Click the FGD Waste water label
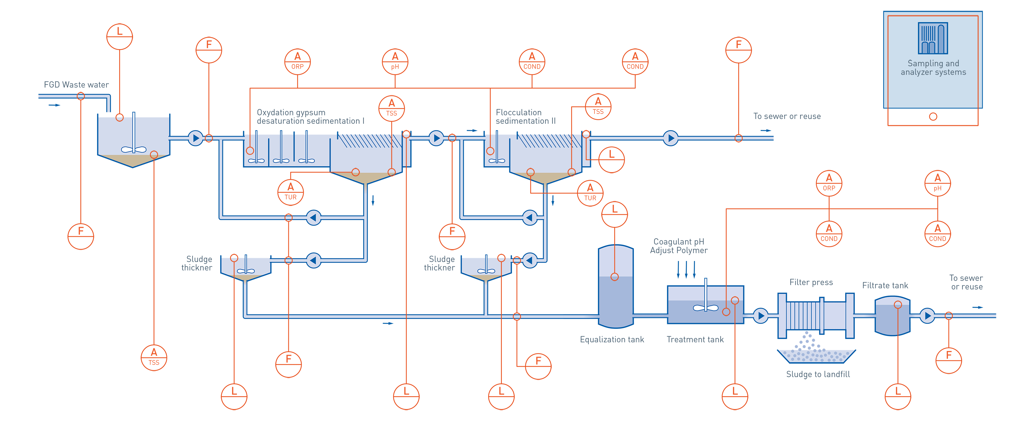[76, 85]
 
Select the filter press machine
[816, 315]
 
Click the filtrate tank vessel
[892, 316]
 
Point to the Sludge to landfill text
[818, 374]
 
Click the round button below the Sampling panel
[933, 116]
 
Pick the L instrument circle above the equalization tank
[615, 214]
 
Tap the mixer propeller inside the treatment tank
[705, 308]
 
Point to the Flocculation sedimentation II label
[525, 116]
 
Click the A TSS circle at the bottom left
[154, 358]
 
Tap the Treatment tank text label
[695, 339]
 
